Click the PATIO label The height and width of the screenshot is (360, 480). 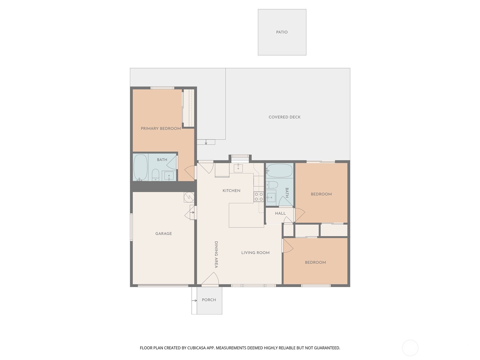point(282,32)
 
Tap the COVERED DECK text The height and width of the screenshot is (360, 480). point(284,117)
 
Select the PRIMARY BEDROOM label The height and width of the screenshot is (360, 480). point(161,128)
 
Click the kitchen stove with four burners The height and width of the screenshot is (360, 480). point(259,197)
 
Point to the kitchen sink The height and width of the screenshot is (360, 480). point(238,168)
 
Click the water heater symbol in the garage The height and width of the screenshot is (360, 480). point(189,197)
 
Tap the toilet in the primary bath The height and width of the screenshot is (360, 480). point(155,175)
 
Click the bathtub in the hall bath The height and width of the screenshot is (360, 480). point(279,171)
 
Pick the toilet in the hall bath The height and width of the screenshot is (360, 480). point(273,184)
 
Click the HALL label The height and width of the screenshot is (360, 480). point(280,213)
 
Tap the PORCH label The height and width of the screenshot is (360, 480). point(209,300)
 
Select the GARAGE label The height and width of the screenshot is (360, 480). point(163,233)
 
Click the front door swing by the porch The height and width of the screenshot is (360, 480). point(211,279)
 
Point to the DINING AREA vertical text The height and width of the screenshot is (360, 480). point(216,254)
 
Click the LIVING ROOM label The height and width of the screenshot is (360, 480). point(255,253)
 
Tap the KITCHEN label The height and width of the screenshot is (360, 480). point(231,190)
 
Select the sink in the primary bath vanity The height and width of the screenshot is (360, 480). point(169,176)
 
